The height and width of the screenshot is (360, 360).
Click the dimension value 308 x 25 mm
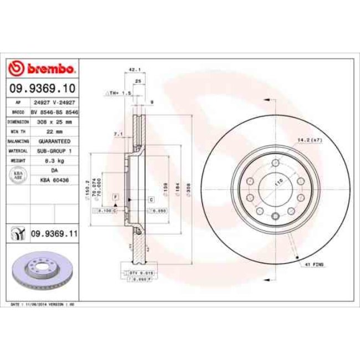coord(55,121)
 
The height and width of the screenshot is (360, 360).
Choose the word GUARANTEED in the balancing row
coord(55,141)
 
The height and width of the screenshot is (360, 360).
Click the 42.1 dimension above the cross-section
coord(133,70)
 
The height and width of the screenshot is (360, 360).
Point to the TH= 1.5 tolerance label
coord(119,94)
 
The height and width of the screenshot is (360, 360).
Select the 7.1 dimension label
coord(117,133)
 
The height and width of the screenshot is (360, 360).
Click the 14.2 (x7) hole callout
coord(310,141)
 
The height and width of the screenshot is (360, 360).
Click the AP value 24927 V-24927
coord(55,102)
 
